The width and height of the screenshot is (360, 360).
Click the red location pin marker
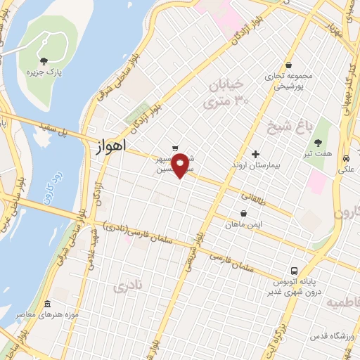point(181,165)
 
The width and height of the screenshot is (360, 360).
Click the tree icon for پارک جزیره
point(44,62)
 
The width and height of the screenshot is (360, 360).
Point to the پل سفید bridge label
point(57,131)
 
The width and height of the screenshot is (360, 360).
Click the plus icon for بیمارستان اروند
point(255,154)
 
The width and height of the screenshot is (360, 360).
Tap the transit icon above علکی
point(347,158)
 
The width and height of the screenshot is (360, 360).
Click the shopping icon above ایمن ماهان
point(243,214)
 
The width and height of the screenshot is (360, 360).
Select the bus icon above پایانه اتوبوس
point(294,271)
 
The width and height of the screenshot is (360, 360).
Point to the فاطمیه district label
point(342,302)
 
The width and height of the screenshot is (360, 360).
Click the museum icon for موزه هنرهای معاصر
point(47,305)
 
